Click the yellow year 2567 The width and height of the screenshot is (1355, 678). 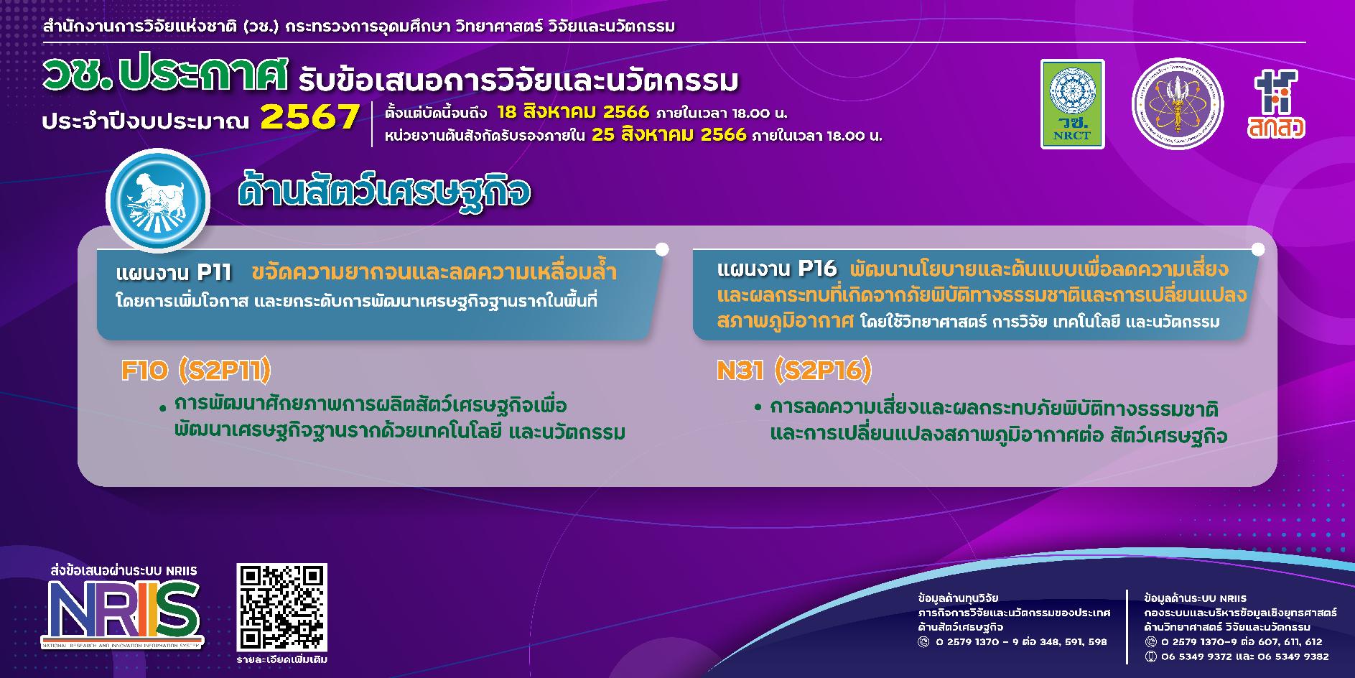[309, 117]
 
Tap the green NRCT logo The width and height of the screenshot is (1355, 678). [1073, 104]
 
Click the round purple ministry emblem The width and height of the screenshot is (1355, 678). [1177, 104]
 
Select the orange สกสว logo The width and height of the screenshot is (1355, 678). [1276, 104]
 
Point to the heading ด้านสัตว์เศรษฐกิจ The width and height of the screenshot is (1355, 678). [384, 193]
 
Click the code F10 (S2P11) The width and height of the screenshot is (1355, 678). [196, 371]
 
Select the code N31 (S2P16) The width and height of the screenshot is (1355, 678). [794, 371]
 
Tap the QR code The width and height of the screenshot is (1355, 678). [282, 607]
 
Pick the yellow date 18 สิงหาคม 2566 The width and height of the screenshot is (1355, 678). [573, 113]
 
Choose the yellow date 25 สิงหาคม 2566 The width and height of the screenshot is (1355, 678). [669, 135]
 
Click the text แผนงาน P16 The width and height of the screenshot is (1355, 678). [777, 269]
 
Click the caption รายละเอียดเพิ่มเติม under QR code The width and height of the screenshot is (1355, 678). [281, 659]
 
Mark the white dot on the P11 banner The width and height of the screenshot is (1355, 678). [662, 249]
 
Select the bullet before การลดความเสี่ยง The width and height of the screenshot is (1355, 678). [758, 408]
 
